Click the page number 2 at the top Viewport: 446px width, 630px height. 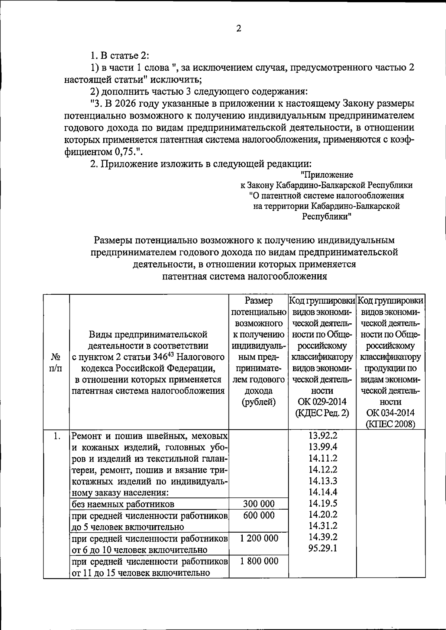pyautogui.click(x=239, y=29)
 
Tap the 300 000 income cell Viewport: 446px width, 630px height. pyautogui.click(x=259, y=504)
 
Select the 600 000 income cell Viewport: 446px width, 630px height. pyautogui.click(x=259, y=516)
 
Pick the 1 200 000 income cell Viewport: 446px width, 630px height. pyautogui.click(x=259, y=538)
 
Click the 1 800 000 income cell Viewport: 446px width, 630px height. pyautogui.click(x=259, y=561)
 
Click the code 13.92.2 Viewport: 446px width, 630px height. pyautogui.click(x=323, y=435)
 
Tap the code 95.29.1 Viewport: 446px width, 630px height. pyautogui.click(x=323, y=548)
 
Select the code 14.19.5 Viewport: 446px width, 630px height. pyautogui.click(x=323, y=503)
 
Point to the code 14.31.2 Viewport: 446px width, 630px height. pyautogui.click(x=323, y=526)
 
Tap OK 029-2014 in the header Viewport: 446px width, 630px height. pyautogui.click(x=322, y=402)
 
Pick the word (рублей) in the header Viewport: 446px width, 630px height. pyautogui.click(x=259, y=402)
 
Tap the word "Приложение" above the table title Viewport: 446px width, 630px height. pyautogui.click(x=327, y=175)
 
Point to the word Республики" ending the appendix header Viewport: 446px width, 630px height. pyautogui.click(x=327, y=216)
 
